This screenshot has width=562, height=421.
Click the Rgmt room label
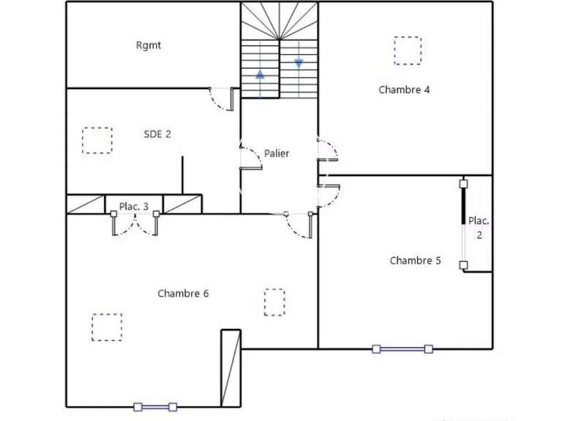coord(149,45)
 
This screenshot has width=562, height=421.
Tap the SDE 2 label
coord(157,134)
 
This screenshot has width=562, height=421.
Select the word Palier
coord(277,153)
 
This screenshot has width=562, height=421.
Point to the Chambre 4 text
coord(404,90)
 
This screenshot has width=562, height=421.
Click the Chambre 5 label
coord(415,260)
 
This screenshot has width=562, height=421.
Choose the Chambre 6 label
coord(183,293)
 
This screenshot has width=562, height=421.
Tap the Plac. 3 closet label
coord(134,207)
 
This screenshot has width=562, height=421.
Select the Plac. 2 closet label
coord(479,227)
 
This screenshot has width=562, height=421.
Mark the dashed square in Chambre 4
coord(408,50)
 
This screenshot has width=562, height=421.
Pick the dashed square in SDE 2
coord(97,140)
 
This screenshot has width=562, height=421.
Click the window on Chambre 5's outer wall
coord(402,349)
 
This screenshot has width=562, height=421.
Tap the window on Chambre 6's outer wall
coord(155,406)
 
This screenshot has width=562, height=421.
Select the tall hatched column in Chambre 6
coord(231,368)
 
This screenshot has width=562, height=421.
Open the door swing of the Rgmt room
coord(222,99)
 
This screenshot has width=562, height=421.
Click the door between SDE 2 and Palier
coord(250,157)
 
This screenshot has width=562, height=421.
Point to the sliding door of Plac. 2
coord(463,223)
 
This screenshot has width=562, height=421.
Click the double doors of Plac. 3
coord(135,224)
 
